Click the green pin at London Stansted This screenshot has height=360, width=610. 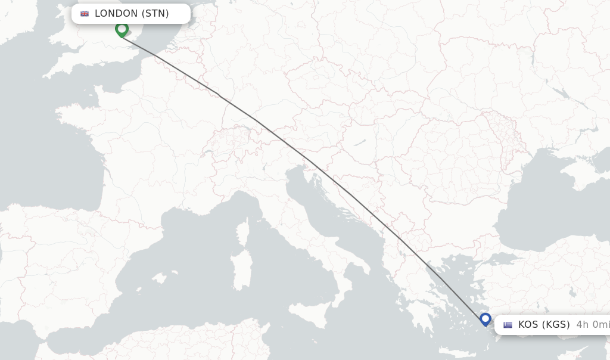click(x=122, y=29)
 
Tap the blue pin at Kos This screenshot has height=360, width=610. click(x=485, y=319)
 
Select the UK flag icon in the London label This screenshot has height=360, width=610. click(x=85, y=14)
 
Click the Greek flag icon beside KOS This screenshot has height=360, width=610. click(x=508, y=325)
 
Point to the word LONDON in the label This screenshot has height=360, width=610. click(x=116, y=14)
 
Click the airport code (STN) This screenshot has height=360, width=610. click(x=155, y=14)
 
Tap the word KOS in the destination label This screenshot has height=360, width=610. click(x=528, y=325)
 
